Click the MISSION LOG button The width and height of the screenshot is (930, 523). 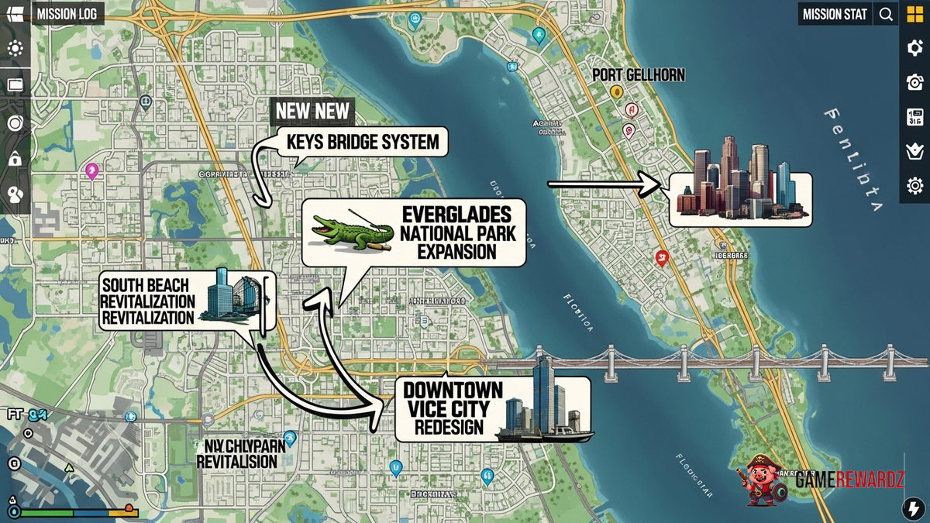click(x=69, y=14)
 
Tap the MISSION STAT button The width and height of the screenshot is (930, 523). click(x=835, y=14)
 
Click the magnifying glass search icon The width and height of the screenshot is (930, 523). click(x=885, y=14)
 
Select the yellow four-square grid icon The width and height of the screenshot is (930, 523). click(x=914, y=14)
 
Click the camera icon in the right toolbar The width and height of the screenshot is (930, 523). click(x=914, y=82)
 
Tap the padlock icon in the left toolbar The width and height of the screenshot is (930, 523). click(x=15, y=159)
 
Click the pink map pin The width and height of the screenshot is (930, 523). click(x=92, y=170)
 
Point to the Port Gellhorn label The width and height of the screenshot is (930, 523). click(x=638, y=75)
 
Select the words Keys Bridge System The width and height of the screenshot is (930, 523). click(x=363, y=143)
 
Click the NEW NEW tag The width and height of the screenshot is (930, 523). click(x=312, y=111)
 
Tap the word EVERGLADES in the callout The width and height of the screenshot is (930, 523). click(x=456, y=214)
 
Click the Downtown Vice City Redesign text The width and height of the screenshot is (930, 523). click(x=453, y=408)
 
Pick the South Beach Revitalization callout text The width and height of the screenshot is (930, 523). click(x=148, y=301)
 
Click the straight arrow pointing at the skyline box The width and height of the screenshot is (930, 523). click(x=604, y=184)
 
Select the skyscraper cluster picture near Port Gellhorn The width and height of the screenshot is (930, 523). click(x=740, y=183)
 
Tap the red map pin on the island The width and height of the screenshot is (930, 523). click(x=661, y=257)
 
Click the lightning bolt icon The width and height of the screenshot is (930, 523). click(x=912, y=508)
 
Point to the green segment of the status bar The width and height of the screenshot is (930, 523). click(x=45, y=512)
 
